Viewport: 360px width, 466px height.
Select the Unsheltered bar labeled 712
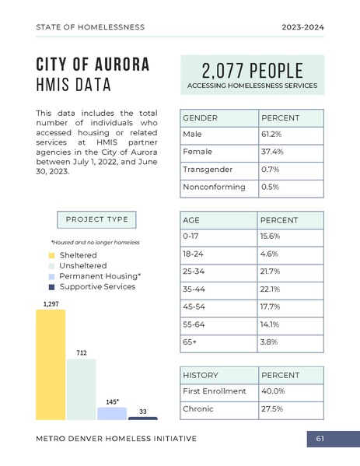pyautogui.click(x=81, y=389)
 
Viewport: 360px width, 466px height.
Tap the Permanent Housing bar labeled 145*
pyautogui.click(x=112, y=413)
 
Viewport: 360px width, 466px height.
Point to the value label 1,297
pyautogui.click(x=51, y=303)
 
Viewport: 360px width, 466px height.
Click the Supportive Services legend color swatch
pyautogui.click(x=52, y=287)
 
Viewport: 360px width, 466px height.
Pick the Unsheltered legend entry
pyautogui.click(x=82, y=266)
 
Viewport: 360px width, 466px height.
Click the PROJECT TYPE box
pyautogui.click(x=96, y=219)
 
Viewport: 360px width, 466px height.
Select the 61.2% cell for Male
pyautogui.click(x=290, y=135)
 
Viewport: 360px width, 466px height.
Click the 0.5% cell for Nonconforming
pyautogui.click(x=290, y=187)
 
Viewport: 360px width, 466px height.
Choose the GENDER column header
pyautogui.click(x=201, y=117)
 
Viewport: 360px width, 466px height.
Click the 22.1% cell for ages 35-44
pyautogui.click(x=290, y=289)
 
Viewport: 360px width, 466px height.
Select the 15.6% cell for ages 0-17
pyautogui.click(x=290, y=236)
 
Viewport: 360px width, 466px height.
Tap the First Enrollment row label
pyautogui.click(x=214, y=391)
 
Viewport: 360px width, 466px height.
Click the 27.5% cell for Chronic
pyautogui.click(x=290, y=409)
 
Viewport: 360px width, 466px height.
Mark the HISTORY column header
pyautogui.click(x=201, y=375)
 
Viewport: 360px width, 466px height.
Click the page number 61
pyautogui.click(x=320, y=440)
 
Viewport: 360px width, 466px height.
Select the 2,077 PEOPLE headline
pyautogui.click(x=251, y=69)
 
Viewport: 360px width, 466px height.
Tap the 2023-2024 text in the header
pyautogui.click(x=302, y=27)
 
